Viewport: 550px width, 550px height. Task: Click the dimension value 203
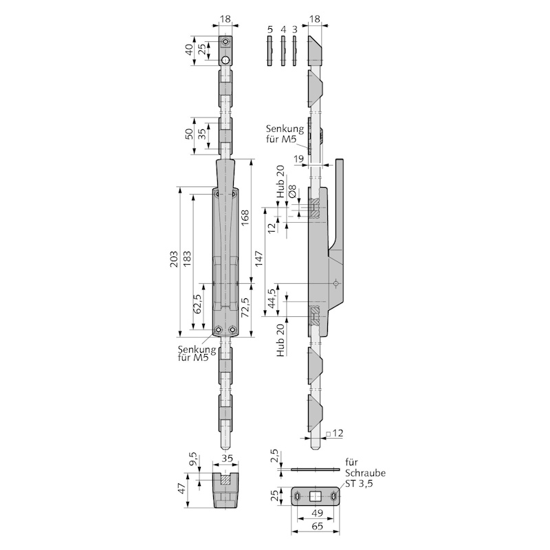point(174,259)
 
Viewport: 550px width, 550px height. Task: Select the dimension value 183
point(187,259)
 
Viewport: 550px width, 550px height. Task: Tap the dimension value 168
point(245,218)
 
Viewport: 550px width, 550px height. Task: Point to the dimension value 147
point(258,259)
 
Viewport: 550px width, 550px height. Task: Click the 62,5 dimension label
point(197,304)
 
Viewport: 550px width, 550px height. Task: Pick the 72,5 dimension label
point(245,307)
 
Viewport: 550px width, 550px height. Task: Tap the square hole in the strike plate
point(316,496)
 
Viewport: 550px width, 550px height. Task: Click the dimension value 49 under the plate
point(317,513)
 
